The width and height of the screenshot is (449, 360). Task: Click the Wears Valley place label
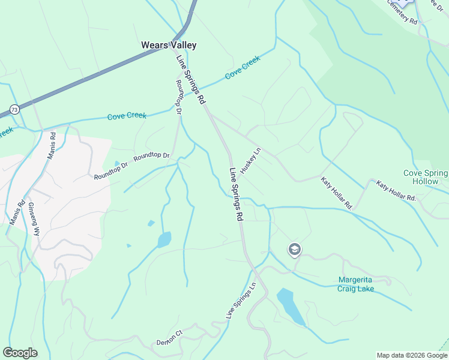tap(169, 45)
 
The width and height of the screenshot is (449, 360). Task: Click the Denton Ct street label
tap(169, 338)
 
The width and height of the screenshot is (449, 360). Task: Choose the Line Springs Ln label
tap(237, 300)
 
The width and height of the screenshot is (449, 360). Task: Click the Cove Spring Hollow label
tap(425, 177)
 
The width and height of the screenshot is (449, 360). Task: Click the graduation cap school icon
tap(294, 250)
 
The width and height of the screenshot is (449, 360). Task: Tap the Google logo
tap(20, 353)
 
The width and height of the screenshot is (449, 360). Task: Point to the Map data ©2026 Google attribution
tap(412, 355)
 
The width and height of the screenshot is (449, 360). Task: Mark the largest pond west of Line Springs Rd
tap(163, 240)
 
